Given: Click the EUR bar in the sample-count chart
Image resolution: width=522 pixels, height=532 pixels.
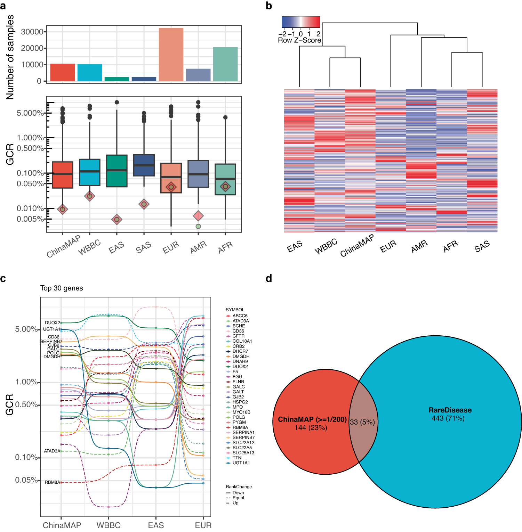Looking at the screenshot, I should pos(171,55).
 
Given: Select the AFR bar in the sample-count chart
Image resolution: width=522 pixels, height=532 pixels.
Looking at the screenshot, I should pos(225,64).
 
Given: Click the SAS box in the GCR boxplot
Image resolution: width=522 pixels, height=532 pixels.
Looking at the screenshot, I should pos(144,165).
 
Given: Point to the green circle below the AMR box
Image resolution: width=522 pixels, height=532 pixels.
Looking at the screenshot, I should pos(198,227).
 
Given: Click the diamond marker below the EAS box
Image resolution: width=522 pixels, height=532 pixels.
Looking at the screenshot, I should pos(117,219).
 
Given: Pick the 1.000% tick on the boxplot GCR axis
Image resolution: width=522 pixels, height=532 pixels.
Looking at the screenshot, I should pos(30,138).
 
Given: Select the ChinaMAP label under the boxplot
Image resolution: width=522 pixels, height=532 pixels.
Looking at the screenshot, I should pos(63,246).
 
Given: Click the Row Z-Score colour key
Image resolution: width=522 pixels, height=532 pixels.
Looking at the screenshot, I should pos(300,22).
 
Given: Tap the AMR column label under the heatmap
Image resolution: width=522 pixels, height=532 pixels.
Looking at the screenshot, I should pos(419,247).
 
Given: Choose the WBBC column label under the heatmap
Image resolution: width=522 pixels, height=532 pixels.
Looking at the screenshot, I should pos(326,246).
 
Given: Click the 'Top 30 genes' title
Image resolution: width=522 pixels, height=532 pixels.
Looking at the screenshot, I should pos(62,288).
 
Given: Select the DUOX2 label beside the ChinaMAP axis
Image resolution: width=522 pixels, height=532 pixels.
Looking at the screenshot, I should pos(52,323).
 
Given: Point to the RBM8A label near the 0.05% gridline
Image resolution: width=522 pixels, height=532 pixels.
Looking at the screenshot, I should pos(52,482).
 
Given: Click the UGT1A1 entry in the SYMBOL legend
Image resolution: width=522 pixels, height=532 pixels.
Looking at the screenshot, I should pos(241,463).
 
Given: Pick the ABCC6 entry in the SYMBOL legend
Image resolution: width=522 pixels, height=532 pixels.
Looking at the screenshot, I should pos(240,316).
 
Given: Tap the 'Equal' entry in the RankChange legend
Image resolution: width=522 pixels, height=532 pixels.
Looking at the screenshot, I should pos(238,498).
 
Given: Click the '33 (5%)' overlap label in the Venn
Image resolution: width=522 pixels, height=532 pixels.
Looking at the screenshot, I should pos(362,422).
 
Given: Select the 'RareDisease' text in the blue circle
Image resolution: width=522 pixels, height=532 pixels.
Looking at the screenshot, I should pos(450,410).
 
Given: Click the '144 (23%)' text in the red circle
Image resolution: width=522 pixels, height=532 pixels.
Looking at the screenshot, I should pos(311,428).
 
